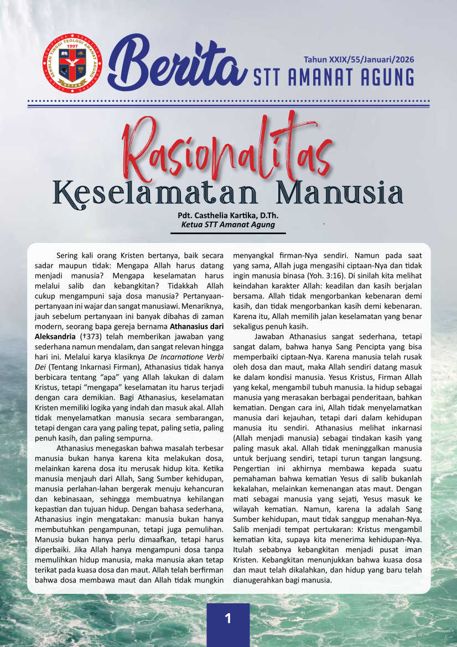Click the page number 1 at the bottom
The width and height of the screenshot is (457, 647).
tap(228, 618)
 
